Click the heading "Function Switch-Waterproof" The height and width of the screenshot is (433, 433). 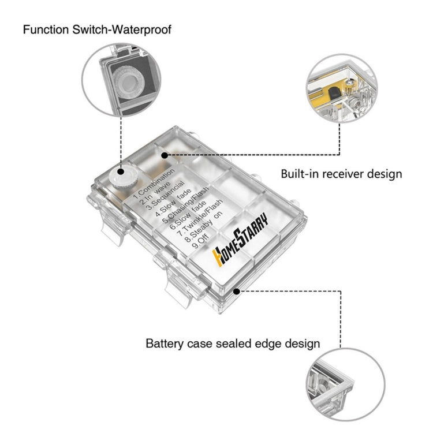[97, 29]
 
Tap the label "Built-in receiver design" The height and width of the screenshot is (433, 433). [341, 173]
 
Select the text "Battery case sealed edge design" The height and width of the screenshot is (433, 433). [233, 344]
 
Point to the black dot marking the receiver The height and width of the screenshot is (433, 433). [165, 155]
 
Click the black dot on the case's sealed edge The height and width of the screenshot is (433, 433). [236, 292]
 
